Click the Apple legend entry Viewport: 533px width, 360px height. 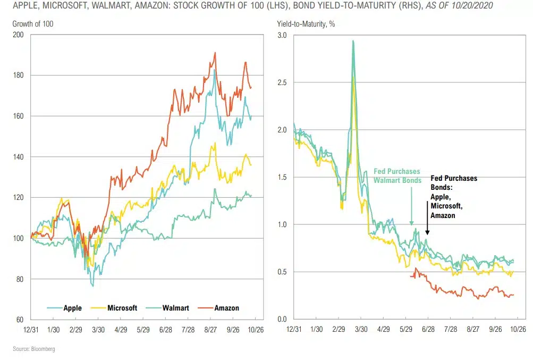tap(72, 308)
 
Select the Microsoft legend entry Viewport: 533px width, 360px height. tap(122, 308)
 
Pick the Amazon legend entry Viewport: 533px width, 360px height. tap(227, 308)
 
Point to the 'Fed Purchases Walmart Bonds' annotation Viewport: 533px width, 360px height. tap(396, 176)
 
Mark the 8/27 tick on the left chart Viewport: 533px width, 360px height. tap(211, 330)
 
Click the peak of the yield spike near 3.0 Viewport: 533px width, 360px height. tap(353, 41)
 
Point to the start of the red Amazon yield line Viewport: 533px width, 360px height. tap(411, 276)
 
